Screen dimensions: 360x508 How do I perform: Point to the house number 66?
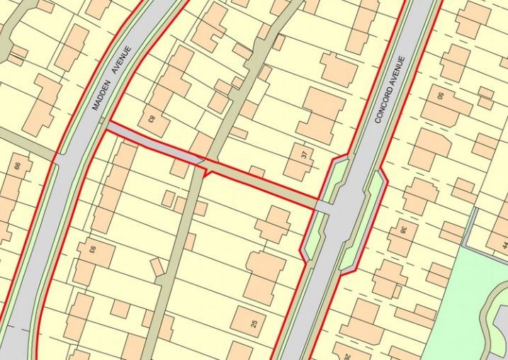pyautogui.click(x=18, y=167)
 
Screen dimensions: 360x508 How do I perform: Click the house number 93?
pyautogui.click(x=91, y=249)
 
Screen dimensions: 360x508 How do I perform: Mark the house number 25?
pyautogui.click(x=254, y=323)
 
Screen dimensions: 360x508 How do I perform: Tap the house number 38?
pyautogui.click(x=403, y=230)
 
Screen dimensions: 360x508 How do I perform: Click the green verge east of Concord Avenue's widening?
pyautogui.click(x=364, y=220)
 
